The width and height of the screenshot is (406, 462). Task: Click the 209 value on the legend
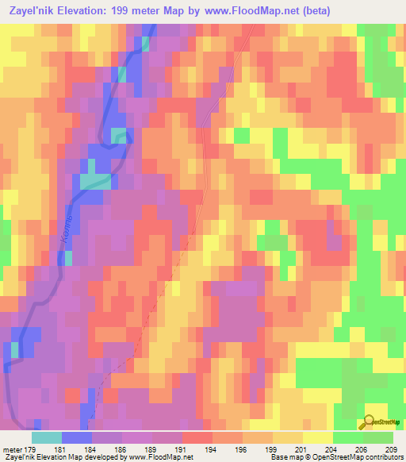tap(390, 449)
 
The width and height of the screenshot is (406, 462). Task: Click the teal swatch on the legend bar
tap(47, 437)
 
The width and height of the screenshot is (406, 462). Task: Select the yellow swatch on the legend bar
tap(317, 437)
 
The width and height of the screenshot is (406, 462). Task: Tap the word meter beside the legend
tap(12, 449)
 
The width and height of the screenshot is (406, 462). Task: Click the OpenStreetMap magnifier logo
tap(369, 422)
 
